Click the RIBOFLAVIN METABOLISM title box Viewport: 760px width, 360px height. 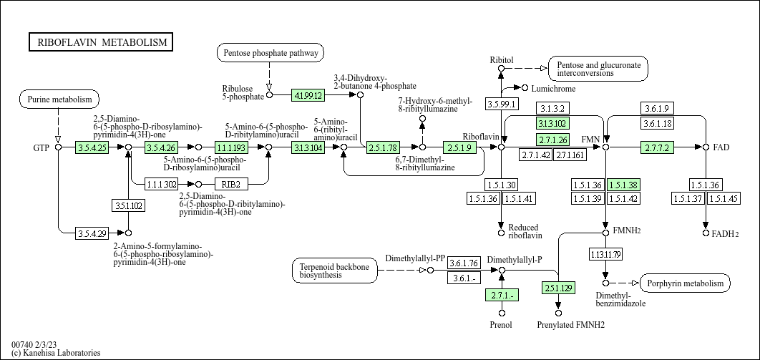[x=101, y=42]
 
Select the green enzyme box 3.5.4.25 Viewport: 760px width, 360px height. [x=92, y=147]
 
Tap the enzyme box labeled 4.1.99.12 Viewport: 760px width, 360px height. [x=308, y=94]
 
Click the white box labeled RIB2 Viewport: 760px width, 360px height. [x=230, y=184]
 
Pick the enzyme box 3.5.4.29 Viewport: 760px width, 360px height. [x=92, y=233]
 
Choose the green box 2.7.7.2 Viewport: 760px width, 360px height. [x=656, y=147]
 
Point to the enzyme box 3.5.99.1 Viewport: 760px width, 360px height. [x=502, y=104]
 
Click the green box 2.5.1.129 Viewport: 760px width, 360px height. [x=558, y=288]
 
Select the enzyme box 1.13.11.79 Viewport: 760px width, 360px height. [x=605, y=254]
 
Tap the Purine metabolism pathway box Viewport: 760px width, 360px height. [x=59, y=99]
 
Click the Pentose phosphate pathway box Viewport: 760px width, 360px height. [x=270, y=52]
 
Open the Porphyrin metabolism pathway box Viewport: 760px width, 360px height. [x=685, y=283]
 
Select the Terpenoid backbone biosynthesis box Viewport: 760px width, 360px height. [x=335, y=271]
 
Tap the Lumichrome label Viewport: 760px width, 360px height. [x=553, y=88]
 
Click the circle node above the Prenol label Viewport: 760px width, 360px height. [x=502, y=313]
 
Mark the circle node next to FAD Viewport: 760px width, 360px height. [x=706, y=147]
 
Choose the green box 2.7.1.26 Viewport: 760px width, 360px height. [x=552, y=139]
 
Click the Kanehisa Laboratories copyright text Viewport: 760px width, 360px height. [x=56, y=353]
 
